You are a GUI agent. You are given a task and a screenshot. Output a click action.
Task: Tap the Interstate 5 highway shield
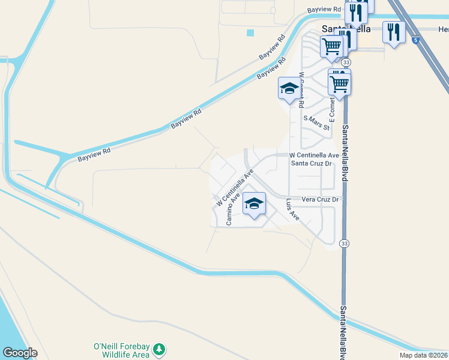pyautogui.click(x=416, y=40)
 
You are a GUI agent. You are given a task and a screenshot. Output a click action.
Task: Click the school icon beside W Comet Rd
pyautogui.click(x=289, y=89)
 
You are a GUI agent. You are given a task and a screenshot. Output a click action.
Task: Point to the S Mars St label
pyautogui.click(x=316, y=123)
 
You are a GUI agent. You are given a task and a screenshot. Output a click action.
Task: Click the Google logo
pyautogui.click(x=20, y=353)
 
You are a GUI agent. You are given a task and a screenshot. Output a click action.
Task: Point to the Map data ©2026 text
pyautogui.click(x=423, y=355)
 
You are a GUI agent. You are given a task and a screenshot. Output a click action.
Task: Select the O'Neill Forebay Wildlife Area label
pyautogui.click(x=121, y=350)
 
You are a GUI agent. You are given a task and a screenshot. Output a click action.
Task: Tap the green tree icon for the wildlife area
pyautogui.click(x=159, y=349)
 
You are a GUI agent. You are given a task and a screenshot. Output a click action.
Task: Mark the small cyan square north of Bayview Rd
pyautogui.click(x=250, y=32)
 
